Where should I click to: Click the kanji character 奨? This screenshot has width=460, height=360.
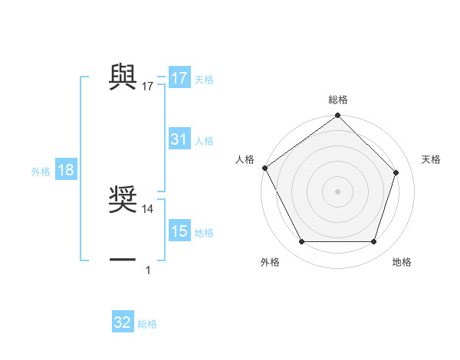pos(123,198)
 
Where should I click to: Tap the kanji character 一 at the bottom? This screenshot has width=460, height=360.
pos(123,260)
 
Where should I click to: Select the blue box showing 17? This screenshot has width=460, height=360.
pos(179,78)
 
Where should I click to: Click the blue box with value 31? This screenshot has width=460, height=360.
pos(179,139)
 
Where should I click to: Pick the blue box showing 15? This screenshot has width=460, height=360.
pos(179,232)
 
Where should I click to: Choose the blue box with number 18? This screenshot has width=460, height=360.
pos(65,171)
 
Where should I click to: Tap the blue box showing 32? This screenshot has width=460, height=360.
pos(123,322)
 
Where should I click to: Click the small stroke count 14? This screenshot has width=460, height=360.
pos(148,208)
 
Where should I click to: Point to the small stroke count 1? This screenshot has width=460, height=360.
pos(148,270)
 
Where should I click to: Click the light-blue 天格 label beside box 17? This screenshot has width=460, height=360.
pos(204,80)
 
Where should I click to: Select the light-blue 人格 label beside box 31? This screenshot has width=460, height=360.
pos(204,141)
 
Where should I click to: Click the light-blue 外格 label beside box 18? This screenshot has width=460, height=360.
pos(41,172)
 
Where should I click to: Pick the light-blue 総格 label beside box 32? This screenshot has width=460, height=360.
pos(147,324)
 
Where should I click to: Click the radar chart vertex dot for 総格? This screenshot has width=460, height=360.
pos(337,116)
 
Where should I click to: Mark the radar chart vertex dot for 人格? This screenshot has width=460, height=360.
pos(264,168)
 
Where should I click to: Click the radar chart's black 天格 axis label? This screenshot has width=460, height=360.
pos(432,159)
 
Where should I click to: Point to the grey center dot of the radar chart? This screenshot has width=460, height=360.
pos(337,191)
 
